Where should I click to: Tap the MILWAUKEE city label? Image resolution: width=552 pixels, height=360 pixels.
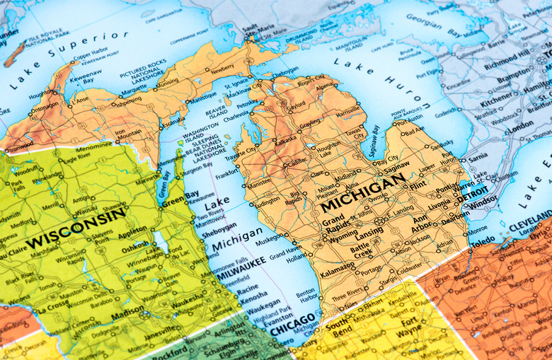click(241, 269)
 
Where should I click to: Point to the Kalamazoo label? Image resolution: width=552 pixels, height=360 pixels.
click(318, 272)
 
